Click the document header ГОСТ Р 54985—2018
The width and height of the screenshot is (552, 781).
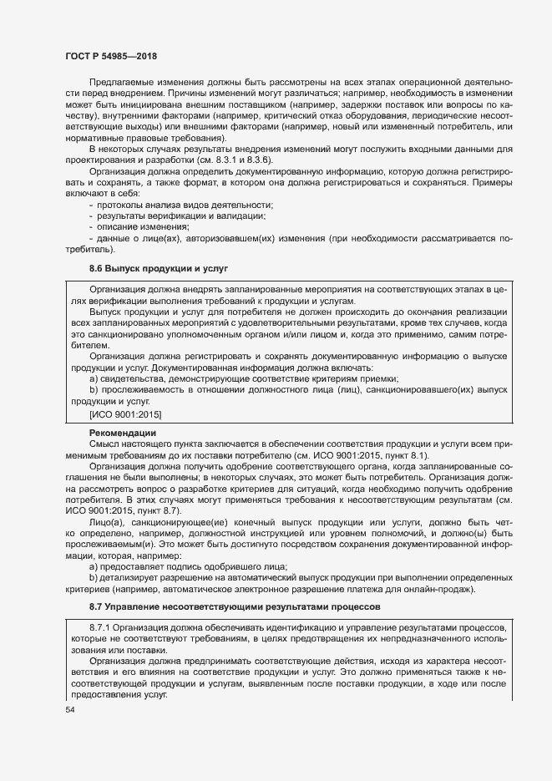(x=112, y=56)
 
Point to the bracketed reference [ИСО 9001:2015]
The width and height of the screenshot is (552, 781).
(x=125, y=413)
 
